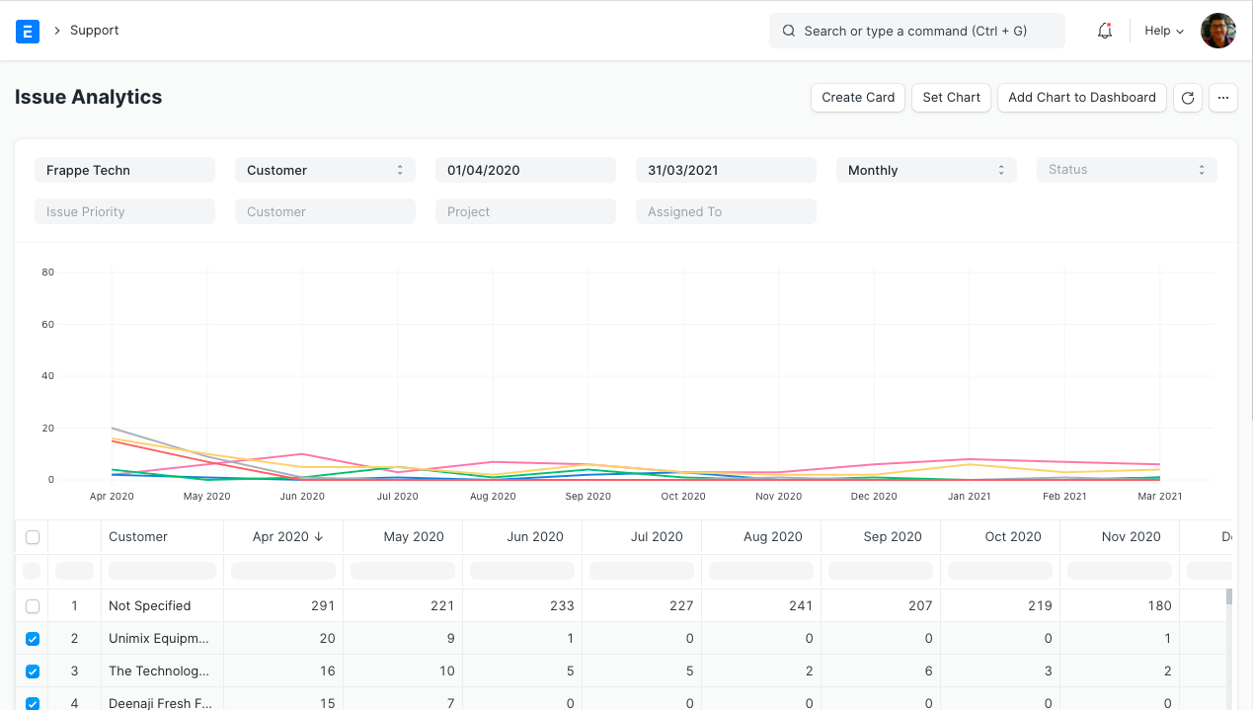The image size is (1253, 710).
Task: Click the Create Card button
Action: pyautogui.click(x=857, y=98)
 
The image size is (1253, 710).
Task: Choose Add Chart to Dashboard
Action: pyautogui.click(x=1081, y=98)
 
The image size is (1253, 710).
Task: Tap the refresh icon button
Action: pyautogui.click(x=1188, y=98)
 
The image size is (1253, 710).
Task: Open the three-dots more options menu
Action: pyautogui.click(x=1222, y=98)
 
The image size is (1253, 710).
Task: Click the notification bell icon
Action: pyautogui.click(x=1105, y=31)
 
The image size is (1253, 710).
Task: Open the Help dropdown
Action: pyautogui.click(x=1163, y=31)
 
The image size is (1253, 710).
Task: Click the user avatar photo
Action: pyautogui.click(x=1217, y=31)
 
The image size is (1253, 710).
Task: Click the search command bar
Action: pyautogui.click(x=916, y=31)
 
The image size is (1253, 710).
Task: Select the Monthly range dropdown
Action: pyautogui.click(x=925, y=170)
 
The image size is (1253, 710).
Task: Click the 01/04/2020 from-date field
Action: pyautogui.click(x=526, y=170)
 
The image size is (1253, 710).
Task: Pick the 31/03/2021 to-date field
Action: pyautogui.click(x=726, y=170)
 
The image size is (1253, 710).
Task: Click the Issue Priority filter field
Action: pyautogui.click(x=124, y=211)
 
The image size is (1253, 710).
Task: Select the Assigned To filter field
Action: pyautogui.click(x=726, y=211)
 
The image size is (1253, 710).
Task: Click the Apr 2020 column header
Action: pyautogui.click(x=281, y=537)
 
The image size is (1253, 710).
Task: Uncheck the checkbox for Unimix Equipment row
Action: pyautogui.click(x=33, y=639)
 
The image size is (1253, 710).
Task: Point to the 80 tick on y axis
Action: pyautogui.click(x=47, y=273)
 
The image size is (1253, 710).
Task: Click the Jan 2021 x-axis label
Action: pyautogui.click(x=969, y=496)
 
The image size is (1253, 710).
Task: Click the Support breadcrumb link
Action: pyautogui.click(x=95, y=31)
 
